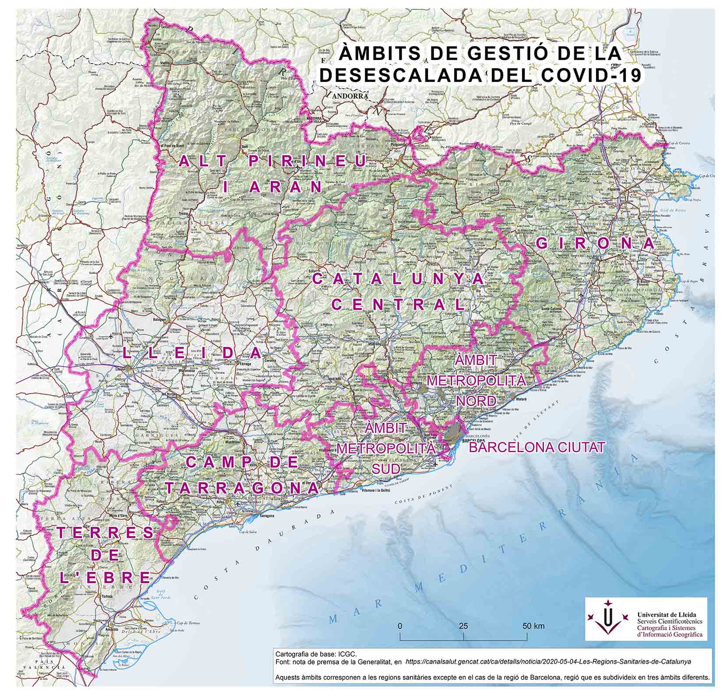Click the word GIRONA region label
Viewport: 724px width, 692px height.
596,244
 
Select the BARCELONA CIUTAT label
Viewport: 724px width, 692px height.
537,447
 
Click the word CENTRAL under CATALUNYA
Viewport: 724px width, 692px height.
399,304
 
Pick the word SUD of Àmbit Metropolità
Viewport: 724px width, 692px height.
386,469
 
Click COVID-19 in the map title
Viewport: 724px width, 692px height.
591,75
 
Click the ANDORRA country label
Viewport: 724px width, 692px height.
349,96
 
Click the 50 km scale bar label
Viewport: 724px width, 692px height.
534,625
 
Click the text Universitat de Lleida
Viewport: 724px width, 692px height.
666,615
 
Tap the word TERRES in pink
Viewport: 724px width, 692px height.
105,533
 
